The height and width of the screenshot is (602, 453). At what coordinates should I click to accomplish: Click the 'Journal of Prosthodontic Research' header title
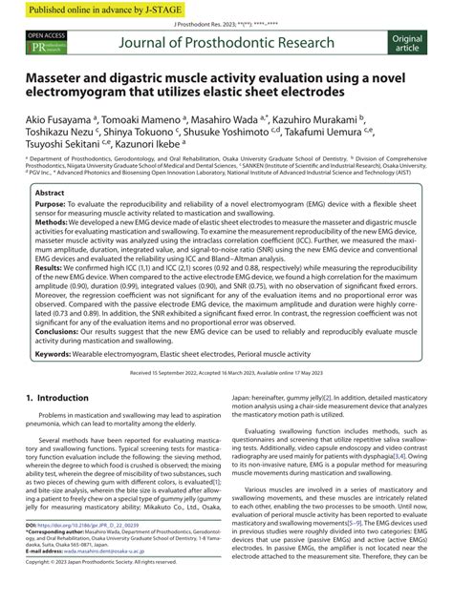226,42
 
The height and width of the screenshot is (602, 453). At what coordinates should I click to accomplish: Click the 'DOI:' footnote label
32,551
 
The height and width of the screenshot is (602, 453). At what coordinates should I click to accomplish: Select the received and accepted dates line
226,400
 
